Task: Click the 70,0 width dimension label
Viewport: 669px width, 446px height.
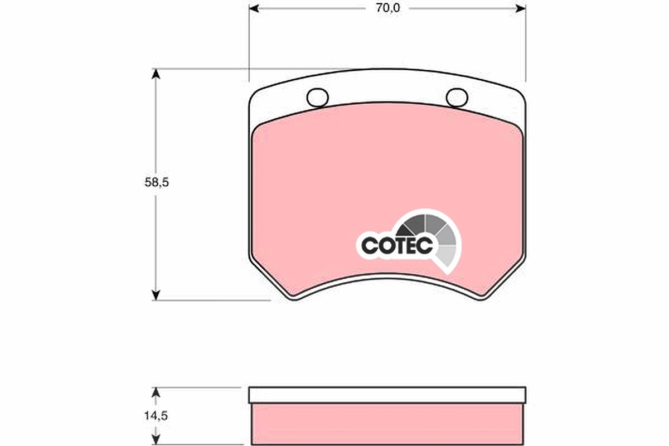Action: click(387, 8)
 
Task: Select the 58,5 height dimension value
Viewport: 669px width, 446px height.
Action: click(157, 182)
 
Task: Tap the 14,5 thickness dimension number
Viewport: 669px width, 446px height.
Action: click(156, 415)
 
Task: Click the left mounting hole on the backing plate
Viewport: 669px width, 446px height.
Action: click(317, 98)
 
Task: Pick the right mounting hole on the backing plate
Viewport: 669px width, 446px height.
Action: click(457, 98)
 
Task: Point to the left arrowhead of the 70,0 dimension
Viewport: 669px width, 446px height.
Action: click(254, 9)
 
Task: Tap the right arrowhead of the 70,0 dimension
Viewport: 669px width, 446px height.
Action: click(521, 9)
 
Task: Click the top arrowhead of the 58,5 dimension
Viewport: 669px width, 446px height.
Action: click(156, 74)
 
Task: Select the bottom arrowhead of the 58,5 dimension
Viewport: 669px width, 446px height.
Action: click(156, 295)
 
